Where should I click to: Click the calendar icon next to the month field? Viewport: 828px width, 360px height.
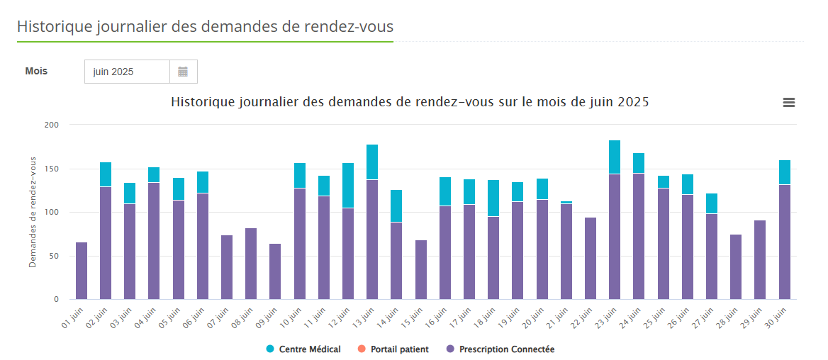(x=183, y=72)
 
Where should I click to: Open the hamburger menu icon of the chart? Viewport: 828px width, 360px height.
(x=788, y=103)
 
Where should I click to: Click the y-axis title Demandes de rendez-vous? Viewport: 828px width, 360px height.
(x=33, y=212)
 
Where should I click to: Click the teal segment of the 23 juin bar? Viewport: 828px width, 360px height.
(x=615, y=157)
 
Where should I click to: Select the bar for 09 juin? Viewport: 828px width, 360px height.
(x=275, y=271)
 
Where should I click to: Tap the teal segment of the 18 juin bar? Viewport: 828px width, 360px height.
(x=493, y=198)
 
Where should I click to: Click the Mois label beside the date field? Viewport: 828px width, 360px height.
(x=36, y=71)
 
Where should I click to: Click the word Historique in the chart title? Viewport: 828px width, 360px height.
(x=203, y=102)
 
